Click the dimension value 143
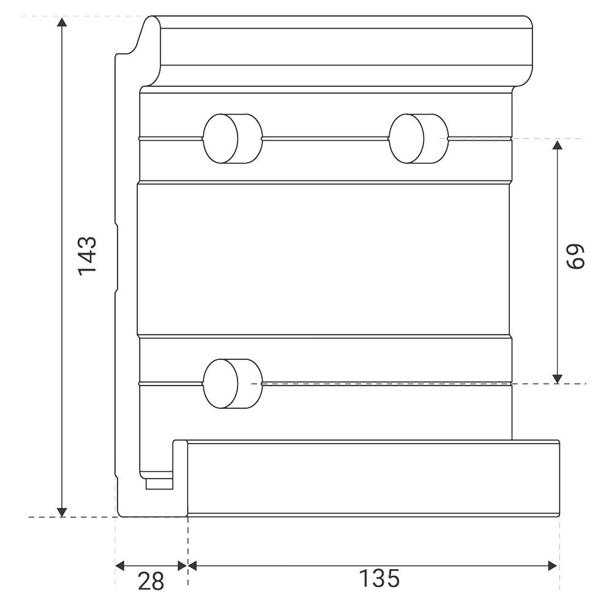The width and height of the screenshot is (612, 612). (x=87, y=256)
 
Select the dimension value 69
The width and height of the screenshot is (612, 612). (x=576, y=256)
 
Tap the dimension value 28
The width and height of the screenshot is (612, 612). (x=151, y=582)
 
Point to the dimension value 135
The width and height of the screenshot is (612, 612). (x=379, y=578)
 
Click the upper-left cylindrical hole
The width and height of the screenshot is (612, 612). (x=233, y=138)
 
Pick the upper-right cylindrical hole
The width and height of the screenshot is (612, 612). (x=419, y=138)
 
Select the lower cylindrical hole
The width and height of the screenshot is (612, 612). (x=233, y=384)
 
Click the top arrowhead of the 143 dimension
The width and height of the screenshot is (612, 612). (x=62, y=22)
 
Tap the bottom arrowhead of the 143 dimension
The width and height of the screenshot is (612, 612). (x=62, y=512)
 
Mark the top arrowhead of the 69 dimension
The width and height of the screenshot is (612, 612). (x=558, y=145)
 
